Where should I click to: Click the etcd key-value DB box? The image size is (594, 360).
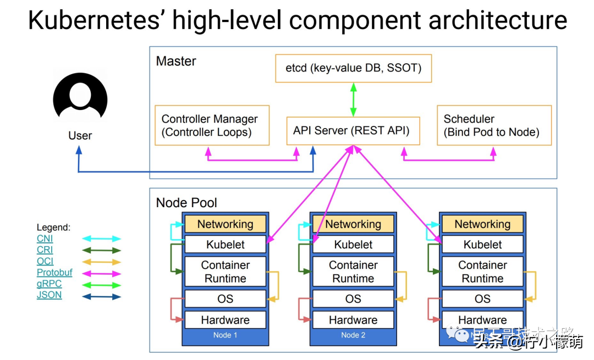click(354, 68)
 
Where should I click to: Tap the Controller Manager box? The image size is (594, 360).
click(212, 125)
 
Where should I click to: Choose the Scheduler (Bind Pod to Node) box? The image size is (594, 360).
click(494, 125)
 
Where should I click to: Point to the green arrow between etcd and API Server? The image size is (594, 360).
click(353, 99)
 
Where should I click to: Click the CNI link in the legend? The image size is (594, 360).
click(45, 239)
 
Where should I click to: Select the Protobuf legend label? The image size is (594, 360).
click(54, 273)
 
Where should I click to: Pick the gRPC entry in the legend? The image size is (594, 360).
click(49, 284)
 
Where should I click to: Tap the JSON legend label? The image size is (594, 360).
click(49, 295)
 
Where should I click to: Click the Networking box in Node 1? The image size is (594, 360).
click(225, 224)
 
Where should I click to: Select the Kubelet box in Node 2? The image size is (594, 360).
click(353, 245)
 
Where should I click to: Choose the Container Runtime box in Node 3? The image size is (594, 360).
click(482, 272)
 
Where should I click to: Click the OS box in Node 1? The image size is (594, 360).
click(225, 299)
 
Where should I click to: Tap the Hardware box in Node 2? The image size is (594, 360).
click(353, 320)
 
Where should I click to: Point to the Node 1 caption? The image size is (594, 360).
click(225, 335)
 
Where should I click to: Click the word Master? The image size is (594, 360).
click(176, 61)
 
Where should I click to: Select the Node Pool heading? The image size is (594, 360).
click(186, 202)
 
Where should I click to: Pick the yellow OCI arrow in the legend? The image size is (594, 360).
click(101, 262)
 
